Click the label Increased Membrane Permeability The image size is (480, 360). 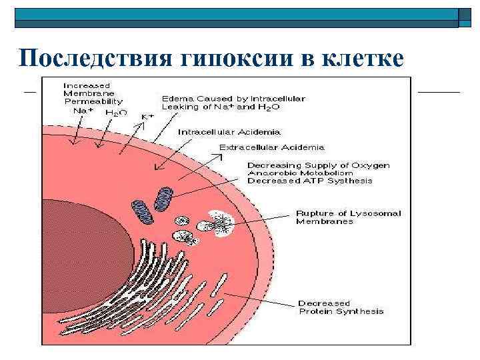93,93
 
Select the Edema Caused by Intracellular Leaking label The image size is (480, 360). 233,103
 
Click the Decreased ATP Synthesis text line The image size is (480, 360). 310,181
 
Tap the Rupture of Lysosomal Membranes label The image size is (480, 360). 339,217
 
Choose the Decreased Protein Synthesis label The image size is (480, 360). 341,307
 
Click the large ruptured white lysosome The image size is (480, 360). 221,223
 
